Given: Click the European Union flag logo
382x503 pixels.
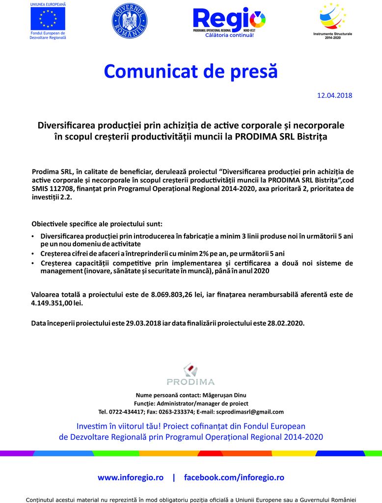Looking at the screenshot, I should click(48, 19).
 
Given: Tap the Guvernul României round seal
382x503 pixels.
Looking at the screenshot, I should click(129, 21).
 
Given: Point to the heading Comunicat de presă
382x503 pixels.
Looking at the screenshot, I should click(191, 71).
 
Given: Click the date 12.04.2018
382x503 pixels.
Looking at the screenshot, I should click(335, 95).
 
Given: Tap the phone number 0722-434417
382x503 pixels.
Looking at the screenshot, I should click(125, 412).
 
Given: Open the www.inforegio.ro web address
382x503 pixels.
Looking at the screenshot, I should click(131, 477).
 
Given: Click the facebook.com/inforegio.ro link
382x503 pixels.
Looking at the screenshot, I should click(234, 477).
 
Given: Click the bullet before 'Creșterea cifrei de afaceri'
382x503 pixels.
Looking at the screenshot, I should click(32, 254).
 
